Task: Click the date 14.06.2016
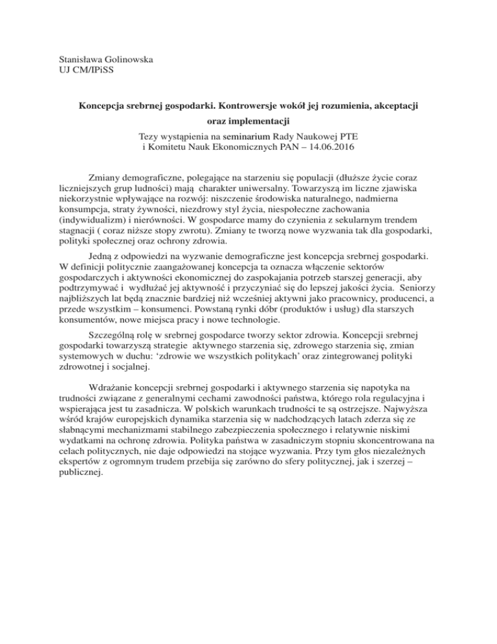[x=331, y=148]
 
